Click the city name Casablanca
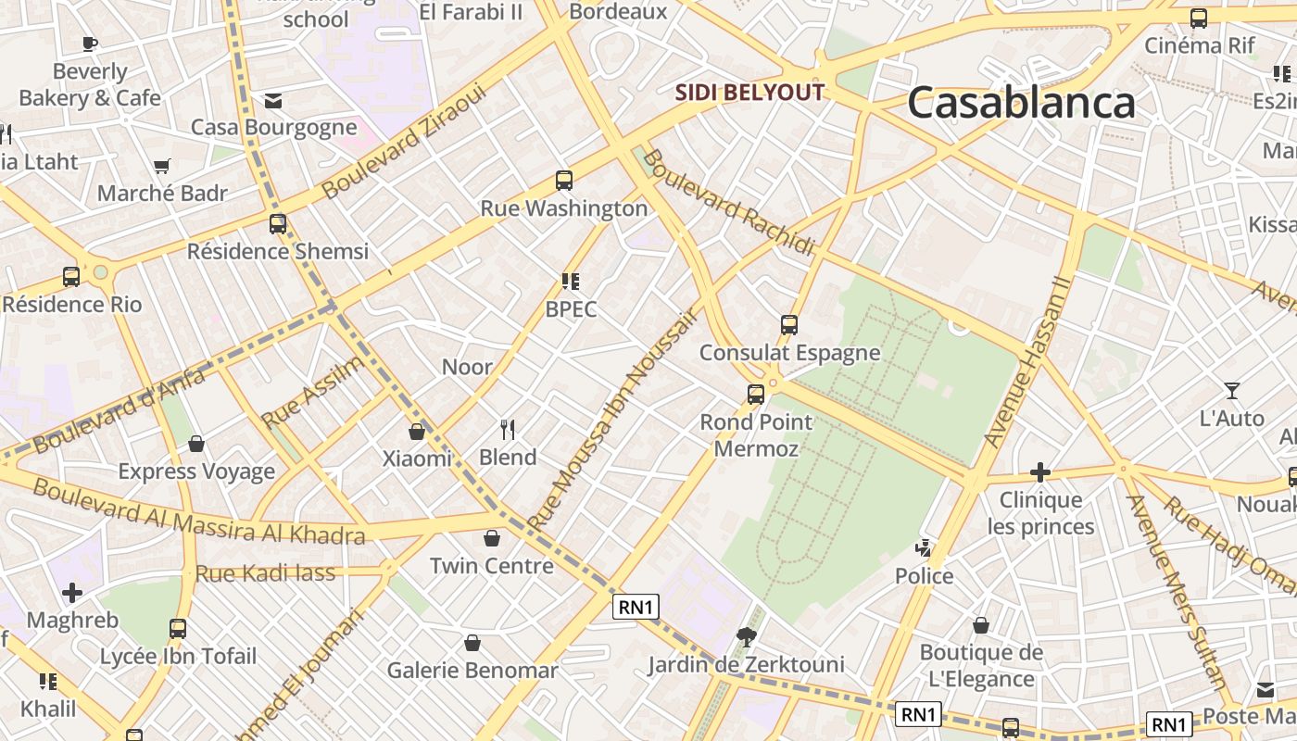click(1021, 103)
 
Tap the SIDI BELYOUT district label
click(749, 93)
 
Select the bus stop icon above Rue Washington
click(564, 181)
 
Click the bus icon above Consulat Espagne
click(789, 325)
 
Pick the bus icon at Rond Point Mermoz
click(756, 395)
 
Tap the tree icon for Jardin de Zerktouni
click(746, 636)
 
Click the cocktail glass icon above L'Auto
click(1232, 391)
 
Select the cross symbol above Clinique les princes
click(1040, 472)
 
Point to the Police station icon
click(924, 548)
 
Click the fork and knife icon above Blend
click(508, 429)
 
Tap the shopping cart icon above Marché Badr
click(163, 167)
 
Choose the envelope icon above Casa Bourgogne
click(273, 100)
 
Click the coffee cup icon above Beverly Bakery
click(90, 44)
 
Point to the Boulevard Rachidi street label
click(728, 203)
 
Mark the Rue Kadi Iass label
click(265, 573)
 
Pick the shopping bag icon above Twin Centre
click(492, 538)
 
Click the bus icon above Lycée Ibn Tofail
click(178, 629)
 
